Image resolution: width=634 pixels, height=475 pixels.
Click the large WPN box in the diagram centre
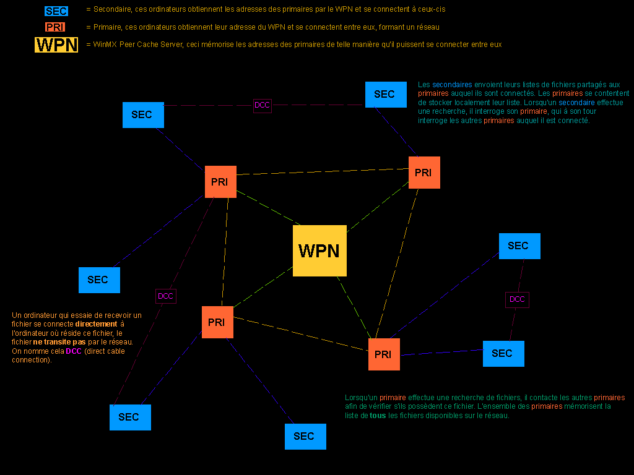(x=319, y=250)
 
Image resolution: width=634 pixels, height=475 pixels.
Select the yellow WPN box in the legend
(x=57, y=45)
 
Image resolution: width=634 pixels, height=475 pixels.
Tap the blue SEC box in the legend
(x=56, y=11)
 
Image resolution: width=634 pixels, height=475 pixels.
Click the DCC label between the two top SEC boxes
(x=263, y=105)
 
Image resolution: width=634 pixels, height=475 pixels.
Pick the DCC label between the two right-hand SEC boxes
(x=517, y=299)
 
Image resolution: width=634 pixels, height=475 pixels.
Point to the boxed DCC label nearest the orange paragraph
(x=165, y=296)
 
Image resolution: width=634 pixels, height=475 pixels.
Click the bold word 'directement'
(x=96, y=324)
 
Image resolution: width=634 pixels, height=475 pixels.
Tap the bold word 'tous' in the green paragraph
(x=377, y=416)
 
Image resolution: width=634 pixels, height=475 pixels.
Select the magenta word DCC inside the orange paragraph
(x=74, y=351)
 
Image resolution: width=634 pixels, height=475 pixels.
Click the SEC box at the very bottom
(x=305, y=437)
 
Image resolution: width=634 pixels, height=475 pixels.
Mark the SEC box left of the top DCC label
(x=143, y=115)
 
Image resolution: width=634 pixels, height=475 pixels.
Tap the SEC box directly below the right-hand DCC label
(x=503, y=354)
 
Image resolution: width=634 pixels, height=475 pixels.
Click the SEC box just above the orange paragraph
(x=99, y=280)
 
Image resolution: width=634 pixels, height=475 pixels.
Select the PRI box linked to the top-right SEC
(x=424, y=173)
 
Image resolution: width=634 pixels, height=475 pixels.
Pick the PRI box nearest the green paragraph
(x=384, y=354)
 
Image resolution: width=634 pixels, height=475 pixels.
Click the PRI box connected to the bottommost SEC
(x=217, y=322)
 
